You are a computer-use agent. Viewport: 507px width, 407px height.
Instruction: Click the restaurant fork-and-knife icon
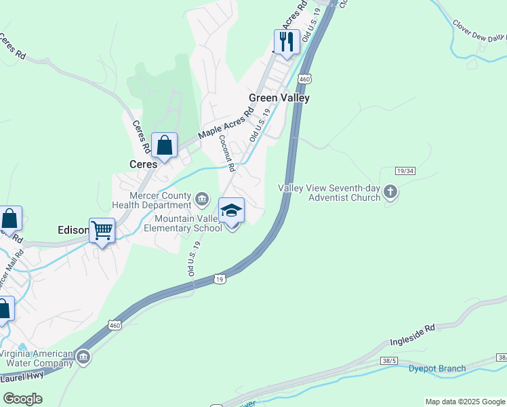[x=287, y=42]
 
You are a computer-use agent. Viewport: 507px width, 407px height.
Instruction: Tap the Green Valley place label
[x=279, y=98]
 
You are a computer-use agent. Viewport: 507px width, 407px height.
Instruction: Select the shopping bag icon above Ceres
[x=164, y=144]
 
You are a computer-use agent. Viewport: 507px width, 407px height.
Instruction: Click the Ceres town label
[x=143, y=164]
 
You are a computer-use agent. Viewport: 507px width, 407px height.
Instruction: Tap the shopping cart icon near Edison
[x=102, y=230]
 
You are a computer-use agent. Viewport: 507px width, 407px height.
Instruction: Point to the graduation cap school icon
[x=231, y=210]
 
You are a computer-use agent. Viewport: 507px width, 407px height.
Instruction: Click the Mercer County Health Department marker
[x=201, y=199]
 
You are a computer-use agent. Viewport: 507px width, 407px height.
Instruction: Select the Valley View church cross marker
[x=390, y=192]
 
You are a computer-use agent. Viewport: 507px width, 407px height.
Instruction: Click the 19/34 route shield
[x=403, y=172]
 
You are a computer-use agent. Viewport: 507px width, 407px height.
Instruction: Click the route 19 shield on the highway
[x=219, y=279]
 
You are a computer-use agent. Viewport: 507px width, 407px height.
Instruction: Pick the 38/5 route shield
[x=388, y=360]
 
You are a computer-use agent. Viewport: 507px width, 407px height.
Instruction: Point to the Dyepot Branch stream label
[x=437, y=369]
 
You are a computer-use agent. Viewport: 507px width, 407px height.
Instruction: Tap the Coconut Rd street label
[x=226, y=153]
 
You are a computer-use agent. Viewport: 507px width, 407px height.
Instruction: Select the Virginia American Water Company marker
[x=83, y=357]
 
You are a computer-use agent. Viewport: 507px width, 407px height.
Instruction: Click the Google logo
[x=22, y=399]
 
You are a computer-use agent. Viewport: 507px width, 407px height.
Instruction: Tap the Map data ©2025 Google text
[x=464, y=402]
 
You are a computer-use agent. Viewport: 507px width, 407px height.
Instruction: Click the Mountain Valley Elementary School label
[x=188, y=223]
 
